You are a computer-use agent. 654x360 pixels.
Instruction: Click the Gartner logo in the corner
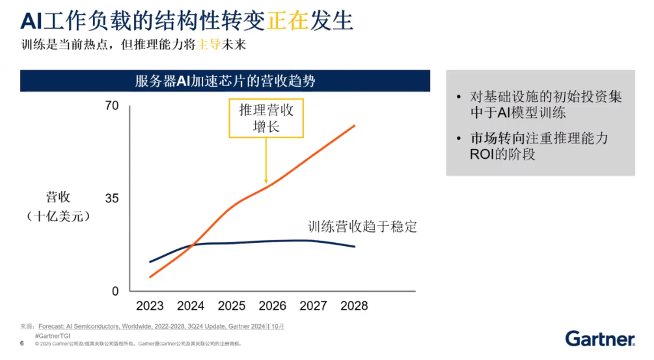coord(600,338)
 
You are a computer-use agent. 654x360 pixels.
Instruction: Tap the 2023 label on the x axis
coord(150,305)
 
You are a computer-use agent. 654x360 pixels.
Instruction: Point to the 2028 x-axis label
coord(353,305)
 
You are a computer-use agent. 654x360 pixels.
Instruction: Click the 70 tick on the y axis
coord(112,105)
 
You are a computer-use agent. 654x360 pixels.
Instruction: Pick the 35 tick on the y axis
coord(112,199)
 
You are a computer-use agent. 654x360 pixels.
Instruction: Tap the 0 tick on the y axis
coord(116,291)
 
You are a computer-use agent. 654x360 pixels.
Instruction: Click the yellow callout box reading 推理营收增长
coord(266,118)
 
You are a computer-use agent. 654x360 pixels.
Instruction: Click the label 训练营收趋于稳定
coord(362,227)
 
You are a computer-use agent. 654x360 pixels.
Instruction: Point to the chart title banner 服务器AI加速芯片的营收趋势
coord(225,81)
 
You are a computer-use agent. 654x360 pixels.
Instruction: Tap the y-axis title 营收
coord(58,197)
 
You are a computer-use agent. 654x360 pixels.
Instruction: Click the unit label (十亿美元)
coord(58,215)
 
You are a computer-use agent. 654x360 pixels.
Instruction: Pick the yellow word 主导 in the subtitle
coord(206,46)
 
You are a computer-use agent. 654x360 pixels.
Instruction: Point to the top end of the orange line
coord(355,125)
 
